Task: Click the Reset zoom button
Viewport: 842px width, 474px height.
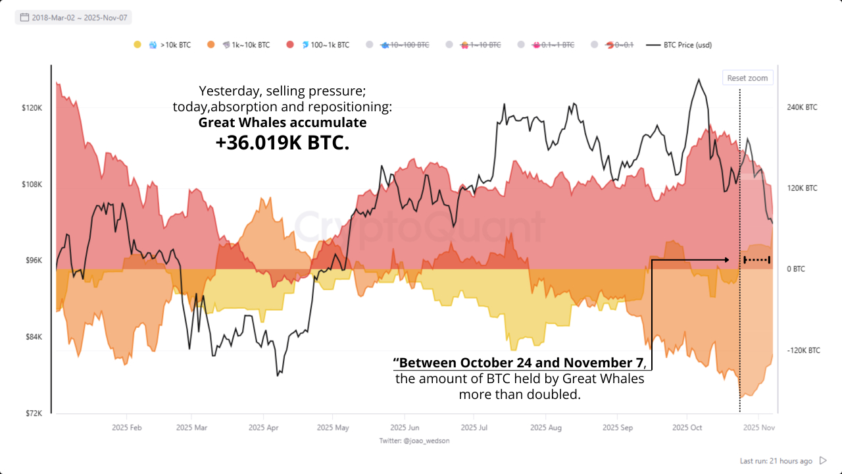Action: [x=747, y=78]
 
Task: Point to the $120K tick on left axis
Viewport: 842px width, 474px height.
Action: [x=32, y=107]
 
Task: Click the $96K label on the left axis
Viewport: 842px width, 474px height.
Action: [x=33, y=260]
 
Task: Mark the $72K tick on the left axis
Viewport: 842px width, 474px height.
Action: [x=33, y=413]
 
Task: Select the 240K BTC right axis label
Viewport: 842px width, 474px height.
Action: [x=802, y=107]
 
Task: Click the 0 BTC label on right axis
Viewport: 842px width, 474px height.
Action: [x=795, y=269]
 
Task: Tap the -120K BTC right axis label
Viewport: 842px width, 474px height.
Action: [x=803, y=350]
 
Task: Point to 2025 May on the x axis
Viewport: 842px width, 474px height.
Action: [x=332, y=427]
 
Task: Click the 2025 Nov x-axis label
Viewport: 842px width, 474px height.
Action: [x=758, y=427]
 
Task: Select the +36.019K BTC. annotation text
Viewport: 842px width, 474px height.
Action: [x=282, y=143]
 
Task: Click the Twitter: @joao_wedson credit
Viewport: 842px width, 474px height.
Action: [x=414, y=440]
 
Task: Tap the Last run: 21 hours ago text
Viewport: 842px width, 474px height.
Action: [x=776, y=461]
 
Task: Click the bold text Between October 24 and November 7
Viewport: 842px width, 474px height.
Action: [x=520, y=363]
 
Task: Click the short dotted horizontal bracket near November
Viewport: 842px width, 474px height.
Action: [x=756, y=260]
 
